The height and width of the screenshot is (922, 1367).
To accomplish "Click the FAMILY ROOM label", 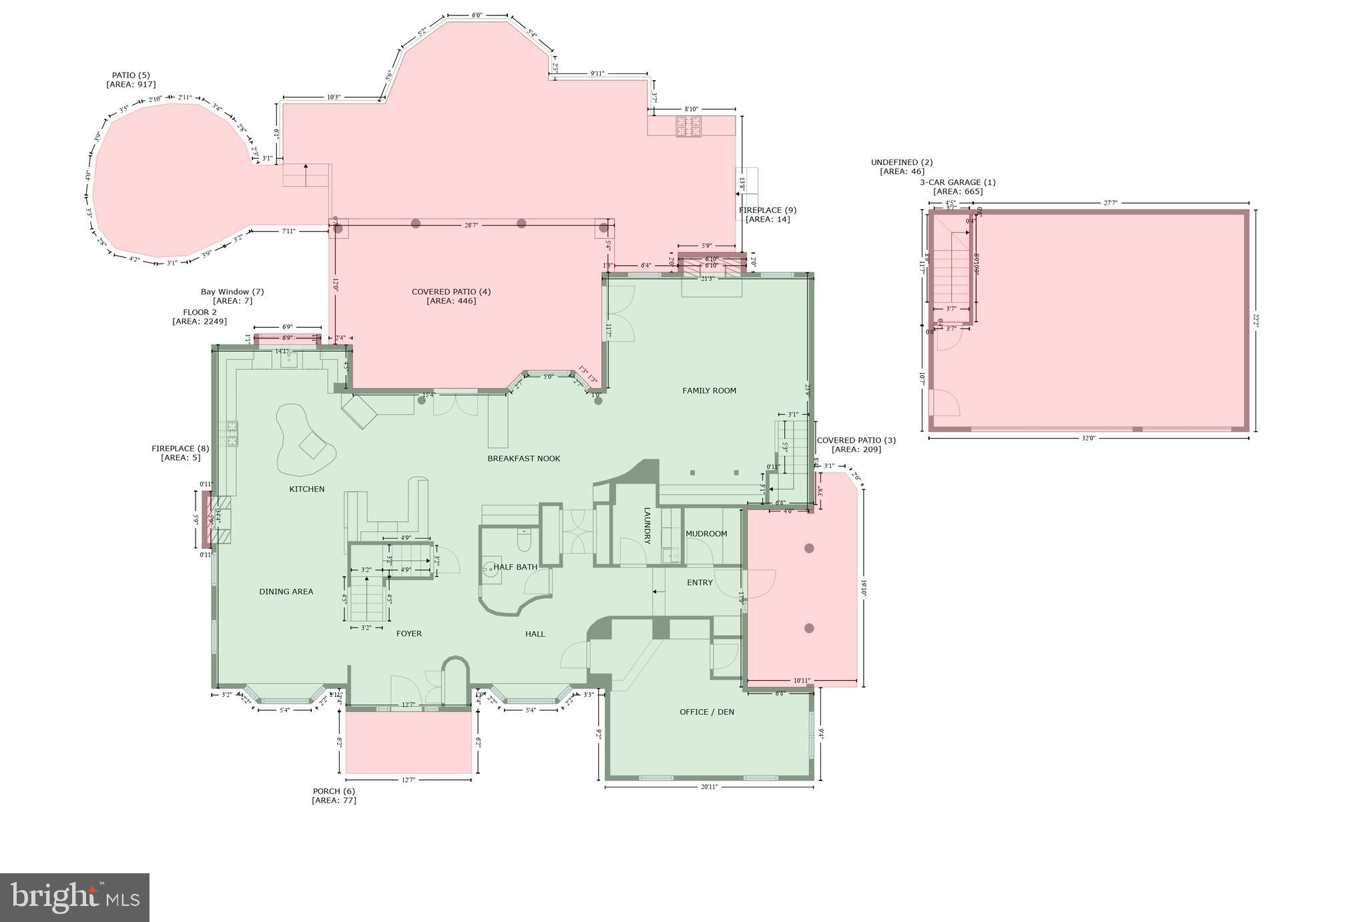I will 709,391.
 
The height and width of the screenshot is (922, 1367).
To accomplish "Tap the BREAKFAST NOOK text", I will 523,459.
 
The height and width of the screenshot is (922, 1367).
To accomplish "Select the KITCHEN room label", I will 306,489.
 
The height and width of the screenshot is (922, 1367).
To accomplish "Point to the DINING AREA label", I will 286,592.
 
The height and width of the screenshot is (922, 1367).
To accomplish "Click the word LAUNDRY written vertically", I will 647,526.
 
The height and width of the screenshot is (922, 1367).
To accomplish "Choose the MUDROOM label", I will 706,534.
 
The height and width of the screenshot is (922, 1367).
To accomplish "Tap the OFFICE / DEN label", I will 706,712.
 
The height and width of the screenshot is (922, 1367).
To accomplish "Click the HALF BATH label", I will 515,567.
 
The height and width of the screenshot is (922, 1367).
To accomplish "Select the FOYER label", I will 408,634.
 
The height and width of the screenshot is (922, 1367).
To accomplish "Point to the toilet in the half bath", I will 524,541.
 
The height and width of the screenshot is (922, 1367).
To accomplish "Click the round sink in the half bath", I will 491,569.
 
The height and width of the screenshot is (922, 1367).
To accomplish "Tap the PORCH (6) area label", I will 334,796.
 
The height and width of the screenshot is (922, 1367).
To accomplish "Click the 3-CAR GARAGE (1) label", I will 957,187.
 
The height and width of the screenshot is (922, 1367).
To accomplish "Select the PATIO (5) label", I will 131,80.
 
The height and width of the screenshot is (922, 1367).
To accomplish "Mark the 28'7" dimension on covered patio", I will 471,226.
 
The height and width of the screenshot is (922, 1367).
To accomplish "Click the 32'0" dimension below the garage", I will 1088,439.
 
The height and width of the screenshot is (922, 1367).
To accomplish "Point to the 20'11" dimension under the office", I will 709,787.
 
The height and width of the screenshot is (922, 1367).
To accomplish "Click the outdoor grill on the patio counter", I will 689,126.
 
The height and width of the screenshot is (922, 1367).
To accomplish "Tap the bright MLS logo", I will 74,897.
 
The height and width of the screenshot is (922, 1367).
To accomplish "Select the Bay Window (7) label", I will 232,296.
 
